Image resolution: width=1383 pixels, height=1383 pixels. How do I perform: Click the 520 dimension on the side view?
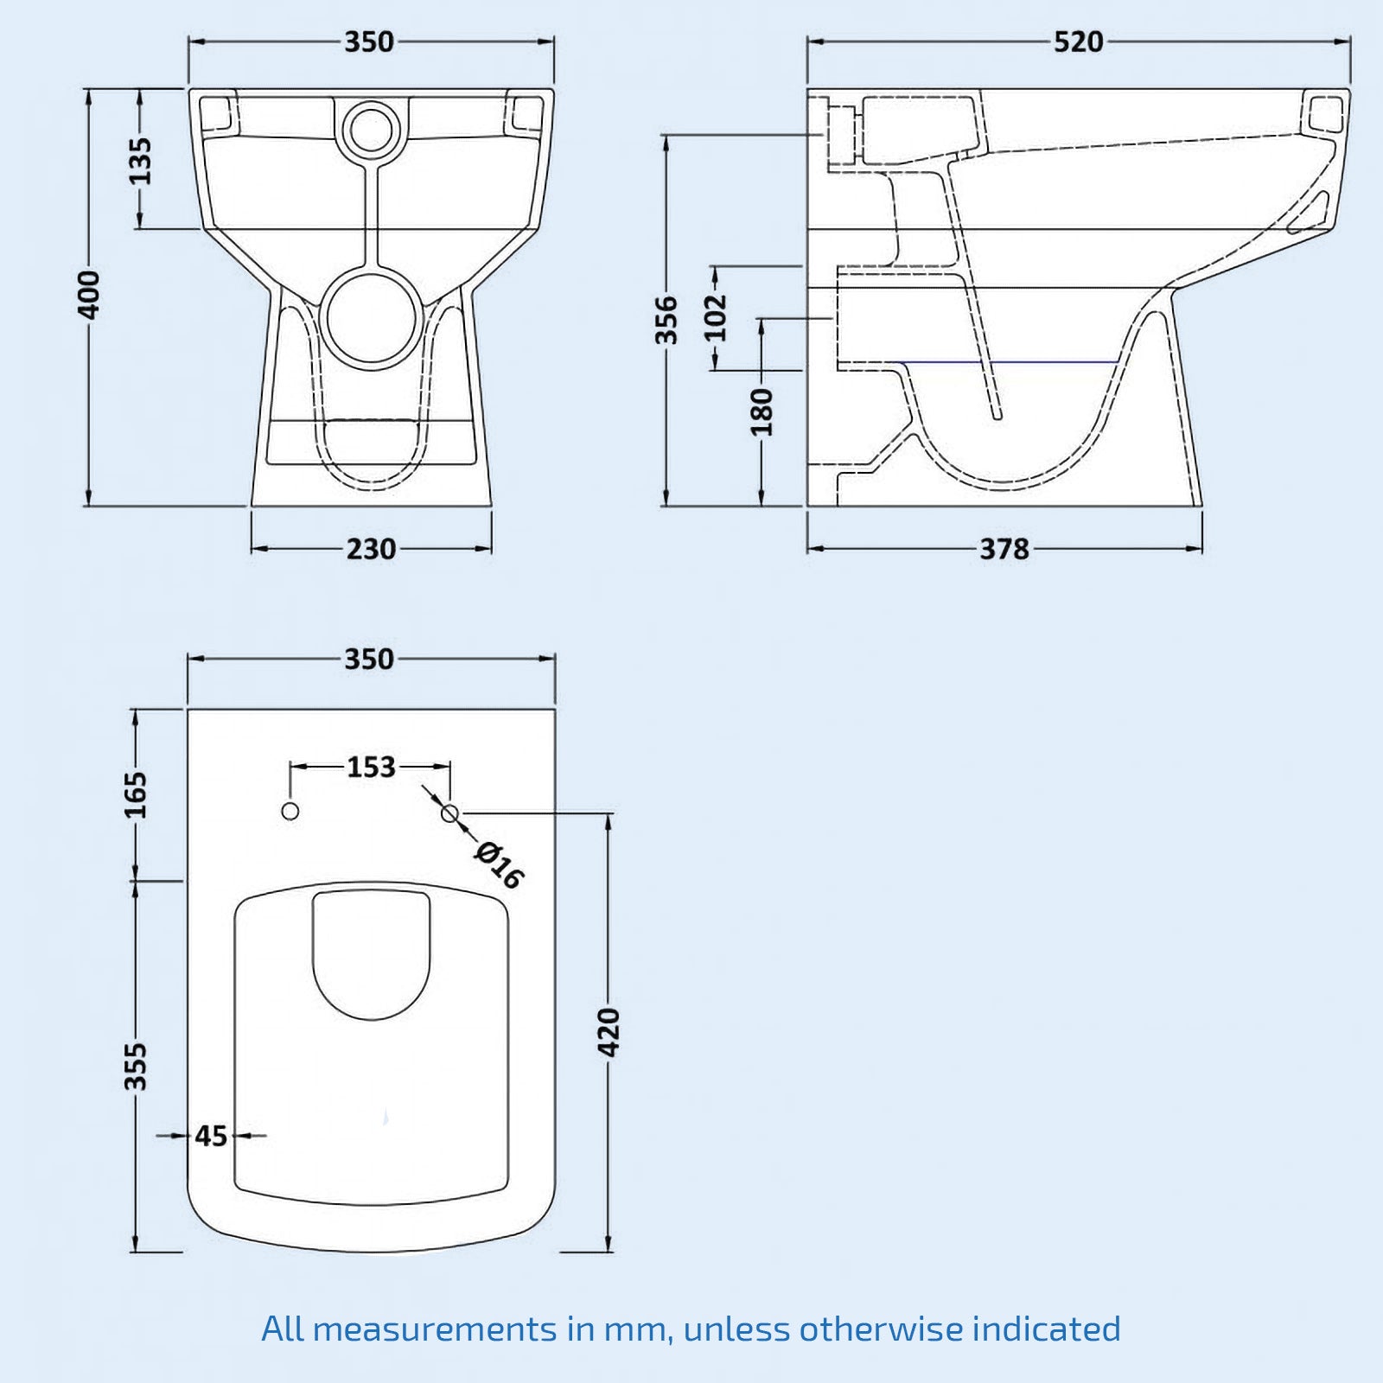(1078, 41)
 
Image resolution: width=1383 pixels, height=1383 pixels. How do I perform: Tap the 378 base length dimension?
(1004, 549)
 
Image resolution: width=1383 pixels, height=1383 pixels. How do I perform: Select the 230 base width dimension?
(371, 549)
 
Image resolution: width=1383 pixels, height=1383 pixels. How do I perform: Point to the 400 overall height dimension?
(90, 294)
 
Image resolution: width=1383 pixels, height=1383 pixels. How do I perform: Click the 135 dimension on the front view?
(139, 161)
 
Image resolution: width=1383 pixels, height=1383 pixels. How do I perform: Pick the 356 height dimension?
(666, 320)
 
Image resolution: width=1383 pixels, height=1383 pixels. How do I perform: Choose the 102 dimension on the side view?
(715, 317)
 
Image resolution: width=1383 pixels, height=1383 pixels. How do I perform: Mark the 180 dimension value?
(762, 411)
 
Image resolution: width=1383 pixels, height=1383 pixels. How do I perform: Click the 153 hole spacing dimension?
(371, 767)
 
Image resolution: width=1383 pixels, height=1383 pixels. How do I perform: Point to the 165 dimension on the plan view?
(137, 794)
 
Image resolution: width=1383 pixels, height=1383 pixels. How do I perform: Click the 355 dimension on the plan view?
(137, 1066)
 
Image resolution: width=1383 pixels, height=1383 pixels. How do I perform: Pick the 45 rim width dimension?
(210, 1136)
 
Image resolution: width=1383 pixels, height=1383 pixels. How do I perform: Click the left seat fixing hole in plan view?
(290, 812)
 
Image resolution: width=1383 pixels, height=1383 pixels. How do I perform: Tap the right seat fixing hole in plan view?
(449, 813)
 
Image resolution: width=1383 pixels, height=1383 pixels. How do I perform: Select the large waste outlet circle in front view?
(373, 315)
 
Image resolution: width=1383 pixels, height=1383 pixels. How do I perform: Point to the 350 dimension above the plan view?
(369, 660)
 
